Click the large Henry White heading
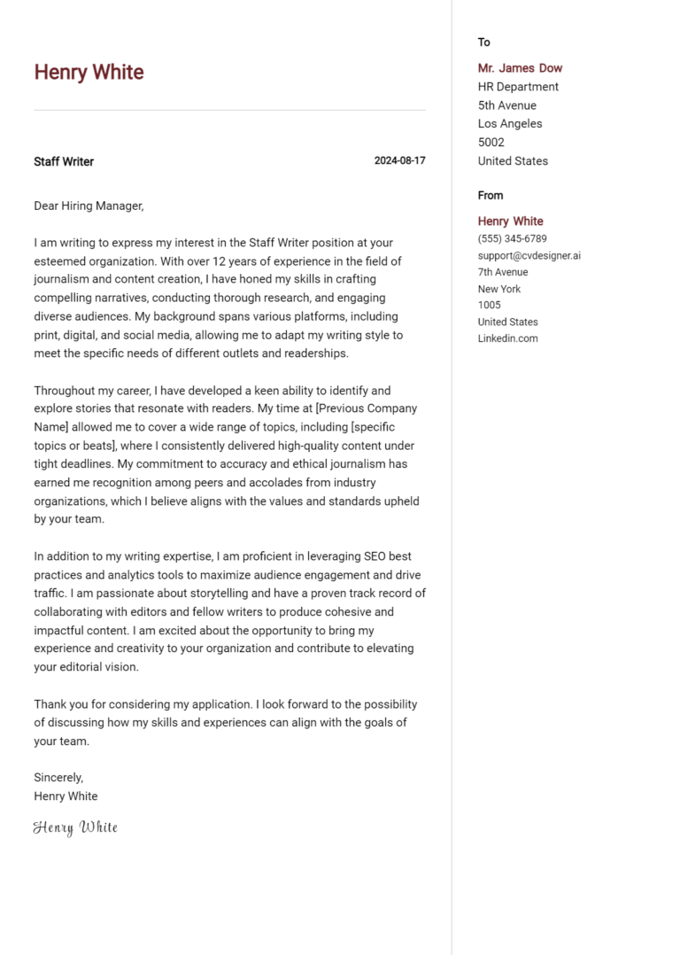(89, 73)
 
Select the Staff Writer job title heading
(64, 161)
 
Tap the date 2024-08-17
(399, 161)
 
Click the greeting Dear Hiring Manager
(89, 206)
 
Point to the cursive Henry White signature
(75, 827)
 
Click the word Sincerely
(58, 777)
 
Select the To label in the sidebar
(483, 43)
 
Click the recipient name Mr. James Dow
(520, 68)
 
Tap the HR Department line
(518, 87)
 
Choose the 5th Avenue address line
(506, 105)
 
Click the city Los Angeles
(510, 124)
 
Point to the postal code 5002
(491, 143)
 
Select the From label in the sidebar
(490, 196)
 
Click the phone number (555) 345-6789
(512, 239)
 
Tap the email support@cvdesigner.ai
(529, 256)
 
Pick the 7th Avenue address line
(503, 272)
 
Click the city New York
(499, 289)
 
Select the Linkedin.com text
(507, 338)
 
